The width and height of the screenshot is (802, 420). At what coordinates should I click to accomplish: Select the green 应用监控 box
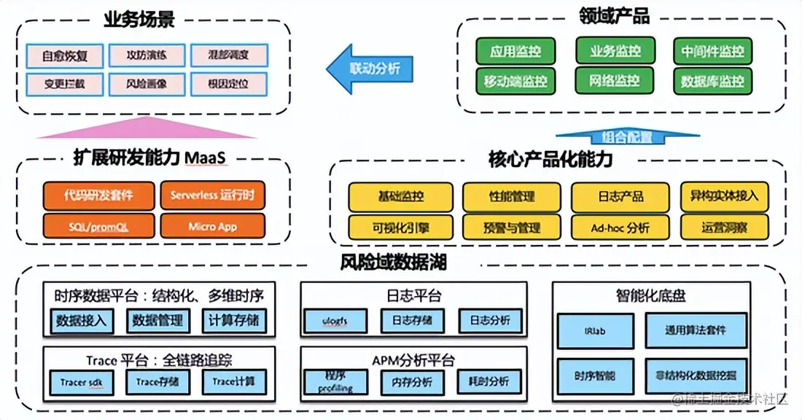[x=515, y=52]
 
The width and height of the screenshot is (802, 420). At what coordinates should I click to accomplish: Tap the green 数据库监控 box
[x=712, y=81]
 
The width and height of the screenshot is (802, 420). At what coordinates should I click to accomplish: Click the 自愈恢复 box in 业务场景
[x=63, y=55]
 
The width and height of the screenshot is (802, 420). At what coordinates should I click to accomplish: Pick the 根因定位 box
[x=228, y=83]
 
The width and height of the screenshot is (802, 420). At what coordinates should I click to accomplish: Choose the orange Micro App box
[x=212, y=226]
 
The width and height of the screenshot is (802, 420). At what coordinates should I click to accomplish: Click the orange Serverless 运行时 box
[x=212, y=195]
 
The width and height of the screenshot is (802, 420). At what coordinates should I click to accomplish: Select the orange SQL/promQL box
[x=99, y=226]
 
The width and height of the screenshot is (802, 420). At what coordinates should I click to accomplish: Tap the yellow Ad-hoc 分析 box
[x=620, y=227]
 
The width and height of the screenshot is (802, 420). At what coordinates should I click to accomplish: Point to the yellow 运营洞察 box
[x=724, y=227]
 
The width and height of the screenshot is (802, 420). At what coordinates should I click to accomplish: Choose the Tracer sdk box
[x=81, y=381]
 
